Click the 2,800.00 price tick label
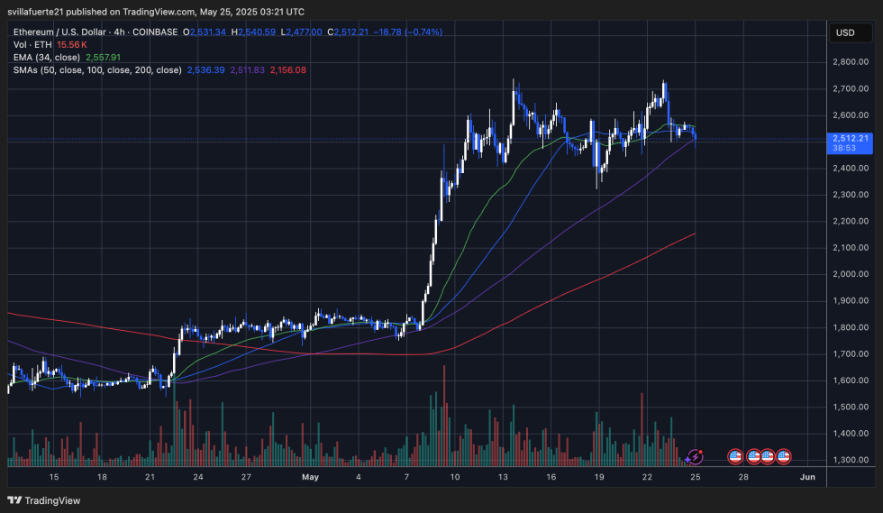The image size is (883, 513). pos(850,62)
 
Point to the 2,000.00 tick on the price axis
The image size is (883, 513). pos(850,274)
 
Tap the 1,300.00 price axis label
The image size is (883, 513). pos(850,460)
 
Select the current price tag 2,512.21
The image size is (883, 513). pos(850,138)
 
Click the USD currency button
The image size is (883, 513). pos(845,32)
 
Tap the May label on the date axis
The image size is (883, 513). pos(309,476)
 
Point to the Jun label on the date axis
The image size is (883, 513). pos(807,476)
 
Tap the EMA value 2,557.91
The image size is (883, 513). pos(105,57)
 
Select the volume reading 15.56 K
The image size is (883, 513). pos(72,44)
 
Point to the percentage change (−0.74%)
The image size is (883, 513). pos(418,32)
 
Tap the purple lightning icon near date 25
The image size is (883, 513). pos(695,458)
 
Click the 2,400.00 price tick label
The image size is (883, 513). pos(850,169)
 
